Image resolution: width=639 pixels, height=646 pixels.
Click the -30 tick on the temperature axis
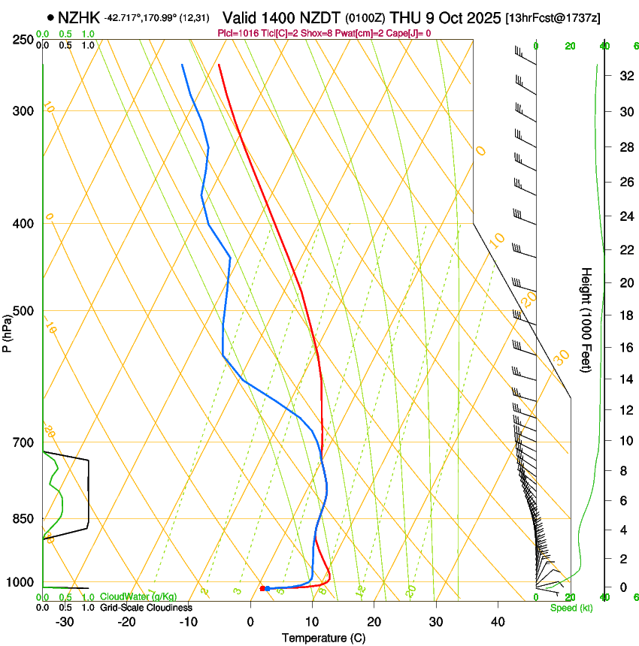[x=65, y=621]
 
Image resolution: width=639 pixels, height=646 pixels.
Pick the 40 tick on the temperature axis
[x=497, y=621]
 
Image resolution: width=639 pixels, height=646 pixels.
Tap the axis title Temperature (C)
[x=323, y=638]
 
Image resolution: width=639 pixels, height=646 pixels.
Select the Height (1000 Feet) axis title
[x=587, y=319]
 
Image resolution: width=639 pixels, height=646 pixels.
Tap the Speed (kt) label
[x=571, y=608]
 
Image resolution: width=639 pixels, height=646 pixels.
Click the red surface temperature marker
[x=262, y=588]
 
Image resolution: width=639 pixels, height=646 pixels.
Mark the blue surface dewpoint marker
[x=268, y=588]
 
